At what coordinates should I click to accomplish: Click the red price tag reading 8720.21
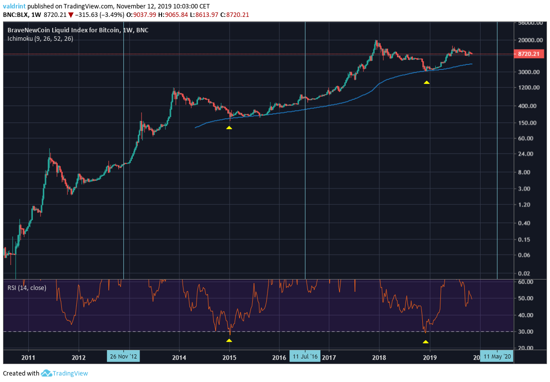click(528, 54)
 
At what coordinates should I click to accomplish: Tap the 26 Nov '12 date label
click(123, 357)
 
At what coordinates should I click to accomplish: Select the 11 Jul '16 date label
click(305, 357)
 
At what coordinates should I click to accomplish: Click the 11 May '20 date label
click(497, 357)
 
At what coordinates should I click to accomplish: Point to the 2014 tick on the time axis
click(179, 357)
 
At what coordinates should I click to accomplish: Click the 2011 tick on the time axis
click(28, 357)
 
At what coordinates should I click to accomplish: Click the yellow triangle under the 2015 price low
click(229, 128)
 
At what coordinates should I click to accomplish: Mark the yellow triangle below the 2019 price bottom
click(426, 82)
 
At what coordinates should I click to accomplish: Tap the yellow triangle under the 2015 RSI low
click(229, 341)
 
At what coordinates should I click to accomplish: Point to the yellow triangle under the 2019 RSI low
click(425, 342)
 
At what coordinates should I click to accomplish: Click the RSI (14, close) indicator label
click(26, 287)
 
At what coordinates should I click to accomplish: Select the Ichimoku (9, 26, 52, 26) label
click(40, 38)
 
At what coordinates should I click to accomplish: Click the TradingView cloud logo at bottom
click(47, 373)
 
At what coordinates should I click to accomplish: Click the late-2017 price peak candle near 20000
click(377, 42)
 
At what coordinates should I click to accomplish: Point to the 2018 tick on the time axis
click(379, 357)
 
